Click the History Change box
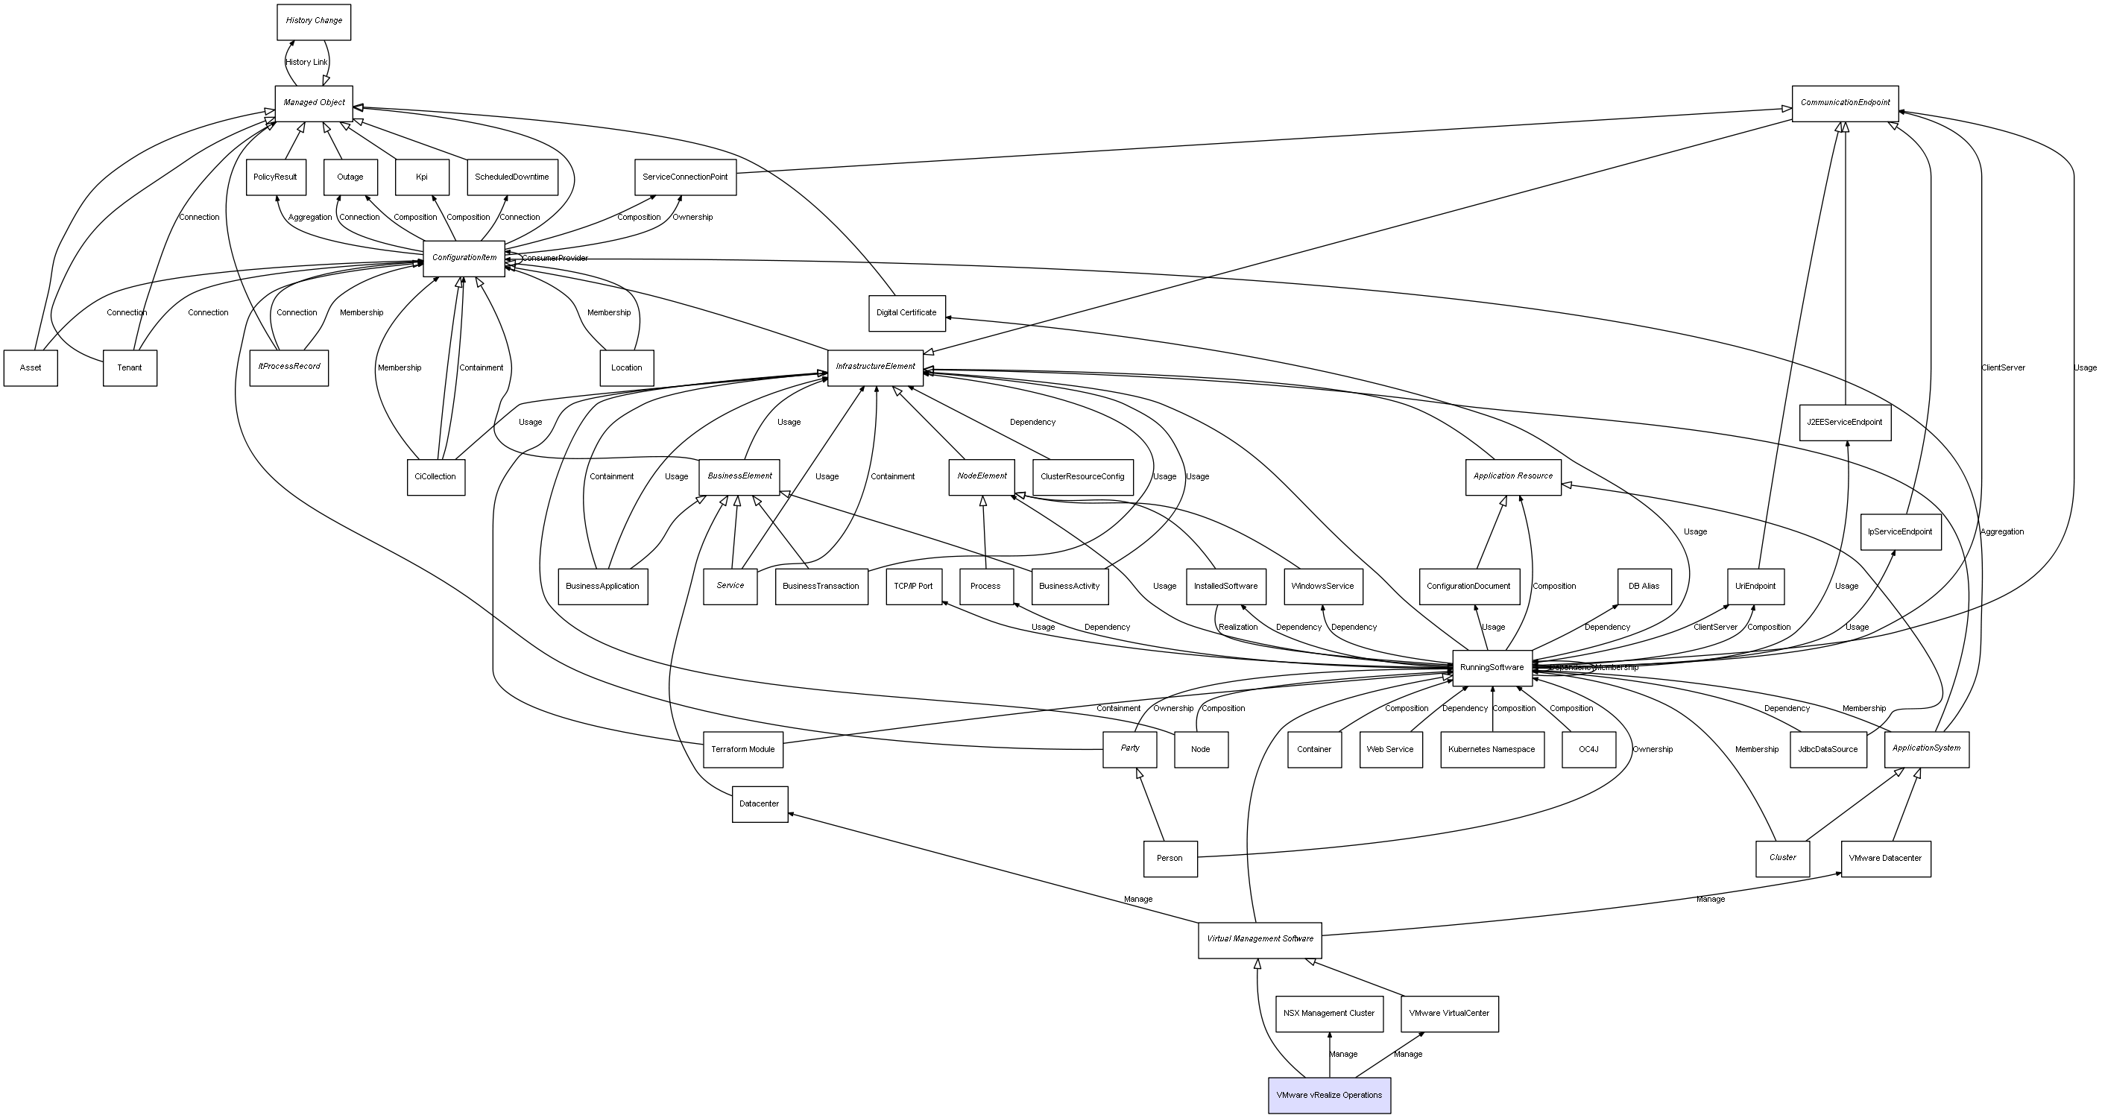click(313, 21)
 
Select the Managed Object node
click(313, 103)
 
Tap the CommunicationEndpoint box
click(1844, 103)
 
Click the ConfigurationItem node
click(464, 258)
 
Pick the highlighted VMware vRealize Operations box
click(1328, 1095)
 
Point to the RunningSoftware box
click(1491, 668)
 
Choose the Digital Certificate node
click(906, 313)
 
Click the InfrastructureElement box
click(875, 367)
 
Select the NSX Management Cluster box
click(1328, 1014)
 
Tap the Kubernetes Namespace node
click(1491, 749)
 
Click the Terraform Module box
click(742, 749)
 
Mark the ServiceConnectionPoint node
click(684, 177)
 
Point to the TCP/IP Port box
click(913, 586)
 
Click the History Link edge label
click(306, 62)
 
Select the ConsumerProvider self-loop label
click(555, 259)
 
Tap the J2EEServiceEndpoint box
click(1844, 423)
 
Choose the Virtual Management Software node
click(1259, 939)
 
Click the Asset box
click(31, 368)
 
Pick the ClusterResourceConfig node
click(1082, 476)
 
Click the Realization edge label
click(1237, 628)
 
